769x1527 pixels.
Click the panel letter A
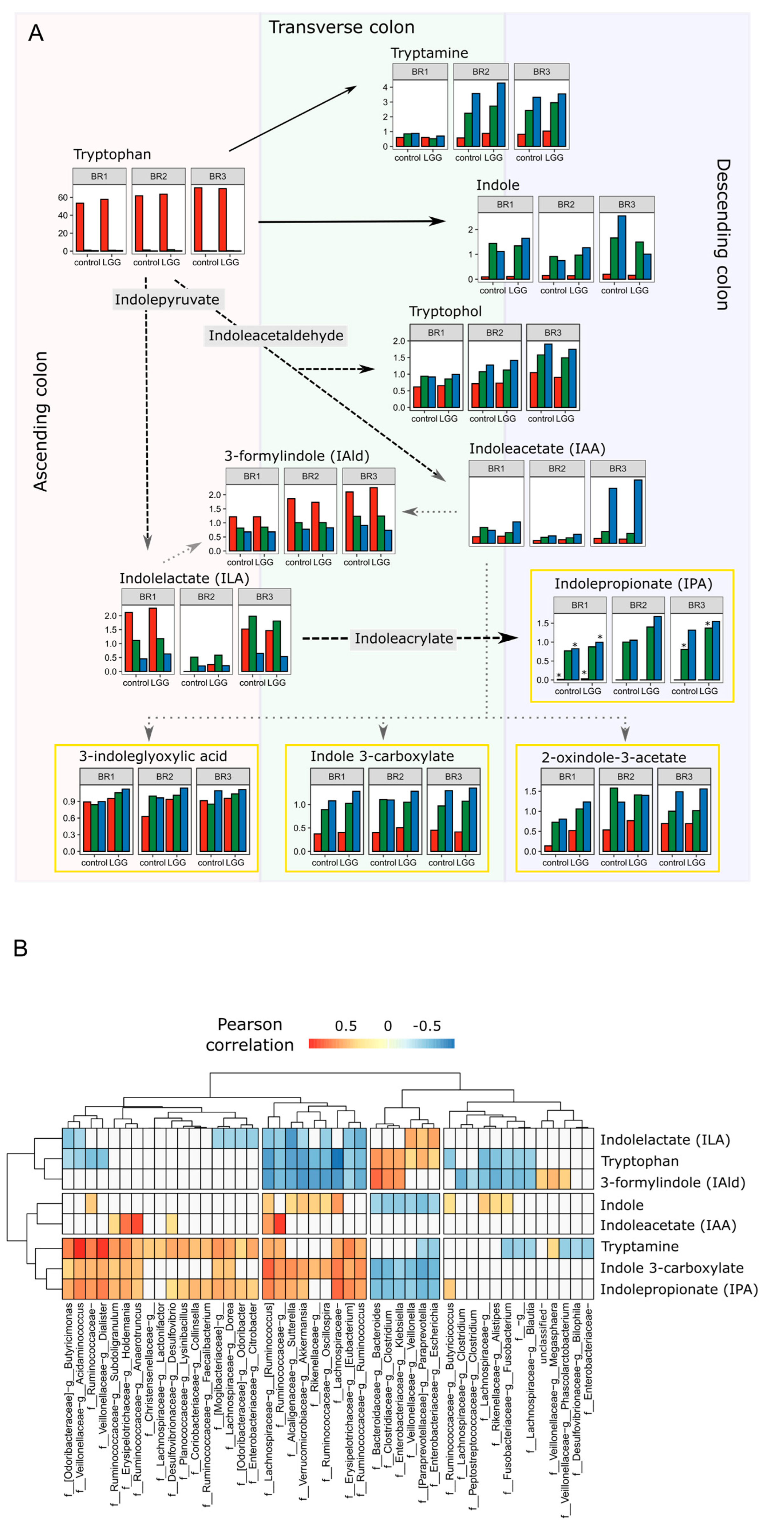[36, 33]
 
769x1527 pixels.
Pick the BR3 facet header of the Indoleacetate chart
[617, 468]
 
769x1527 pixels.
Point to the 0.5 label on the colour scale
[346, 1026]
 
